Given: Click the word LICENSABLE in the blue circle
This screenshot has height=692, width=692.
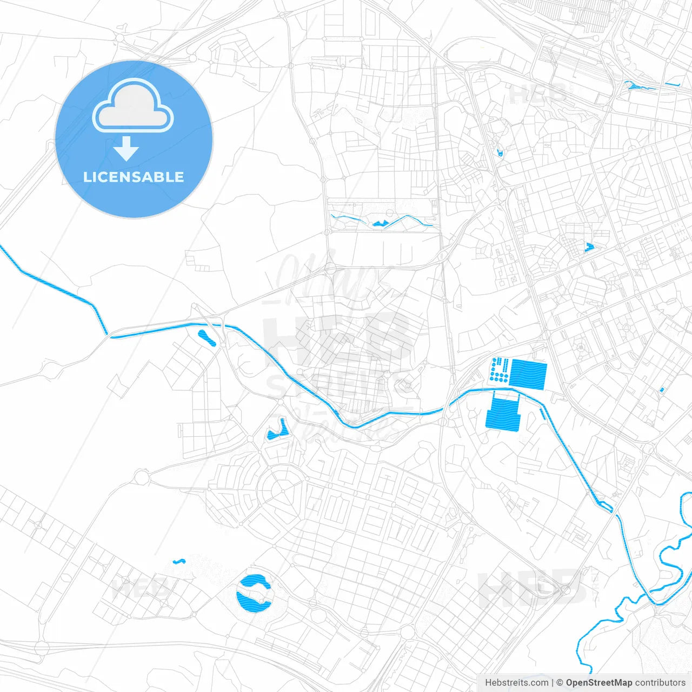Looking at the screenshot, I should click(x=134, y=177).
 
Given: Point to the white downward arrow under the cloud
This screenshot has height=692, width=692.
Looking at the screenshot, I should click(x=126, y=149).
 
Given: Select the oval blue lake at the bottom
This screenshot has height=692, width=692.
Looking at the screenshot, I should click(x=254, y=593).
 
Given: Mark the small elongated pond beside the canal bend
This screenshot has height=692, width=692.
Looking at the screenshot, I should click(x=207, y=338).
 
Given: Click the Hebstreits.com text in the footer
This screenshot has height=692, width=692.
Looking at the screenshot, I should click(x=516, y=683).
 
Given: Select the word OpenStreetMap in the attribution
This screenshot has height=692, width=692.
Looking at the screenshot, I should click(x=598, y=683).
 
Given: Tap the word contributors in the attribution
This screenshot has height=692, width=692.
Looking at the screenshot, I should click(x=660, y=683).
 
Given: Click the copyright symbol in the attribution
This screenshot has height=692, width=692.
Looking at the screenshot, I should click(x=560, y=683).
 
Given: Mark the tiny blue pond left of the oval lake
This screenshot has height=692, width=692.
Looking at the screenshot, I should click(x=179, y=562).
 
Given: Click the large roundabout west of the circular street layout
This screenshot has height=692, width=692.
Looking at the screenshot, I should click(x=141, y=477).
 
